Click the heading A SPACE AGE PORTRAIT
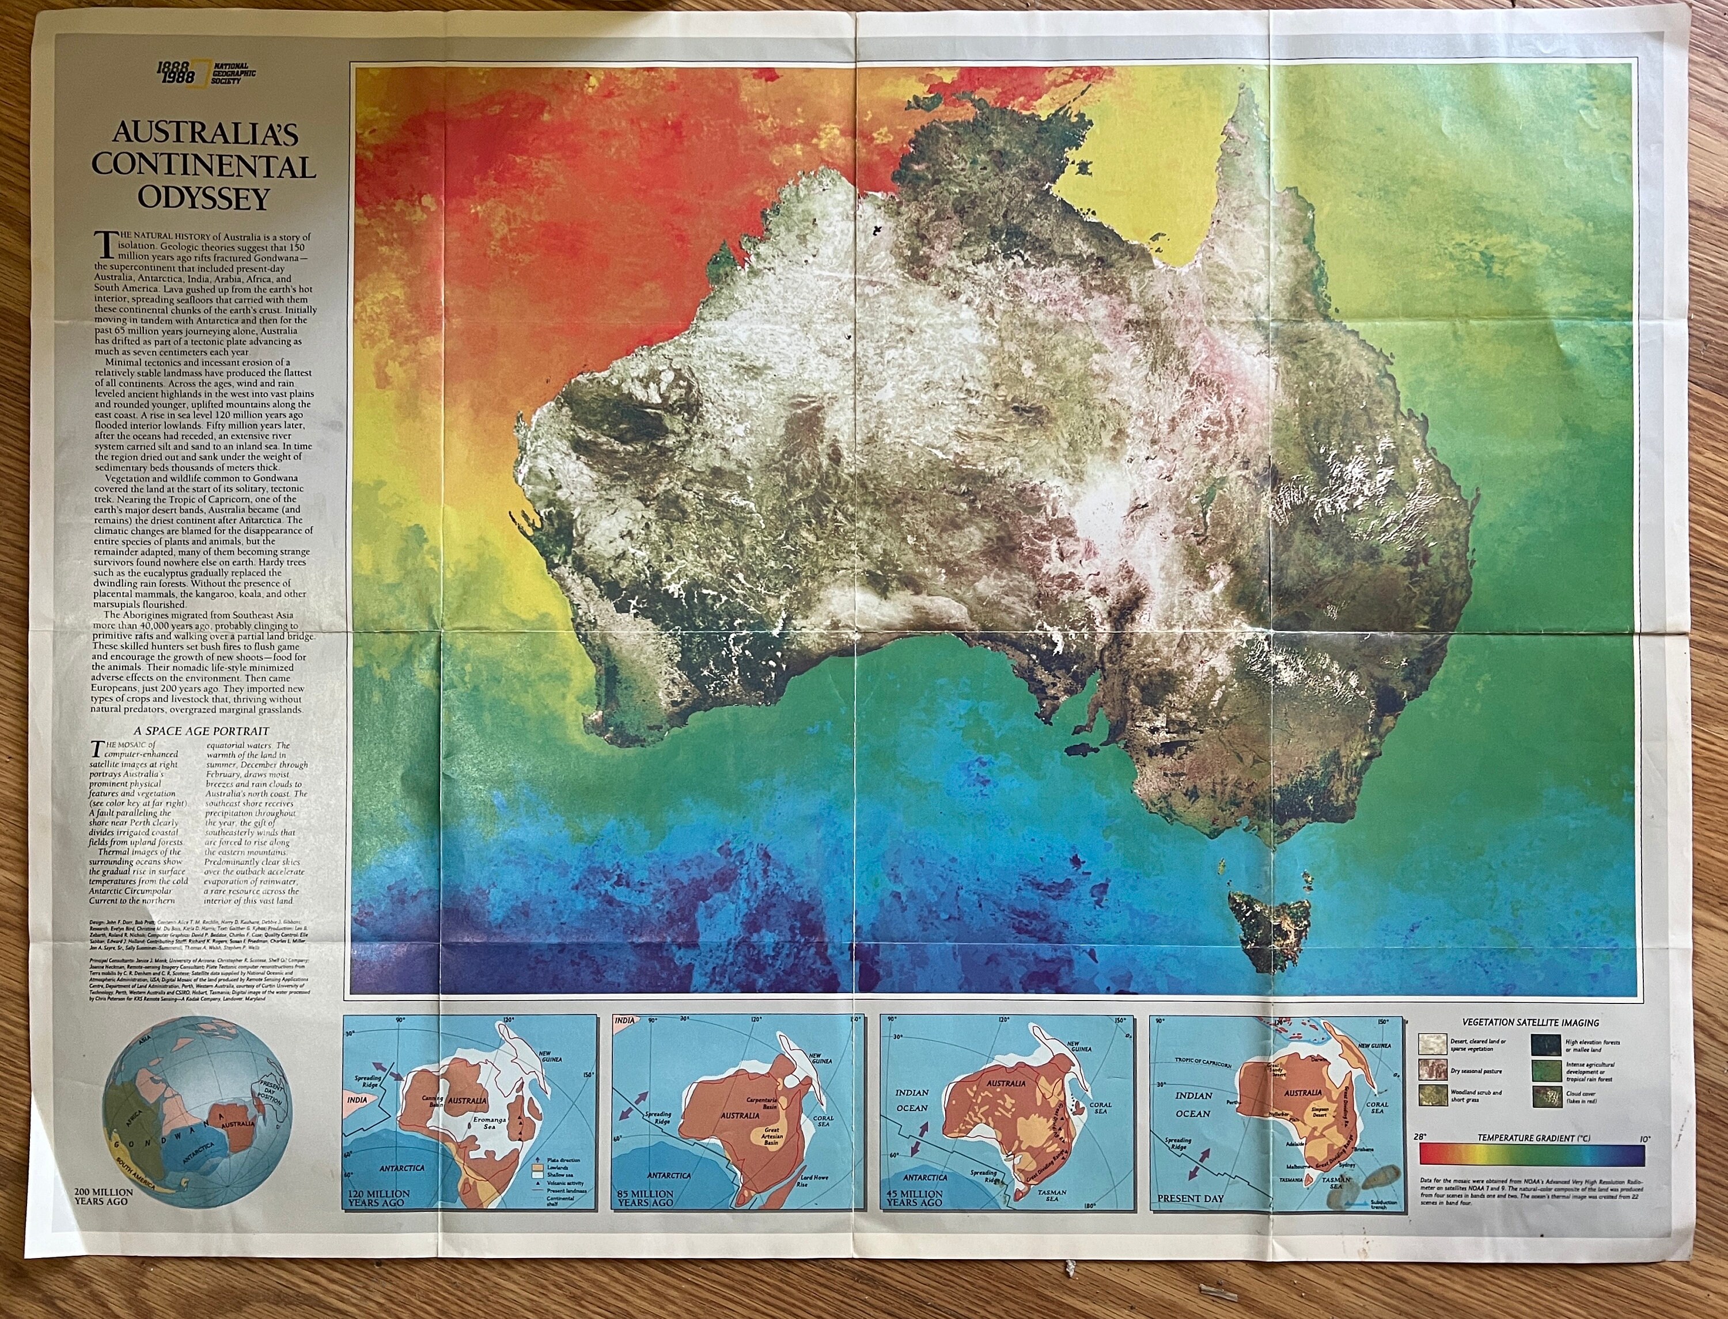(201, 730)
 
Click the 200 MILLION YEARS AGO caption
(104, 1196)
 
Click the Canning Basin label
(433, 1101)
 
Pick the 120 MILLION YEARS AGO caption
(377, 1198)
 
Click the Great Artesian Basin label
(772, 1136)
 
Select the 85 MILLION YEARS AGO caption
(645, 1198)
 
